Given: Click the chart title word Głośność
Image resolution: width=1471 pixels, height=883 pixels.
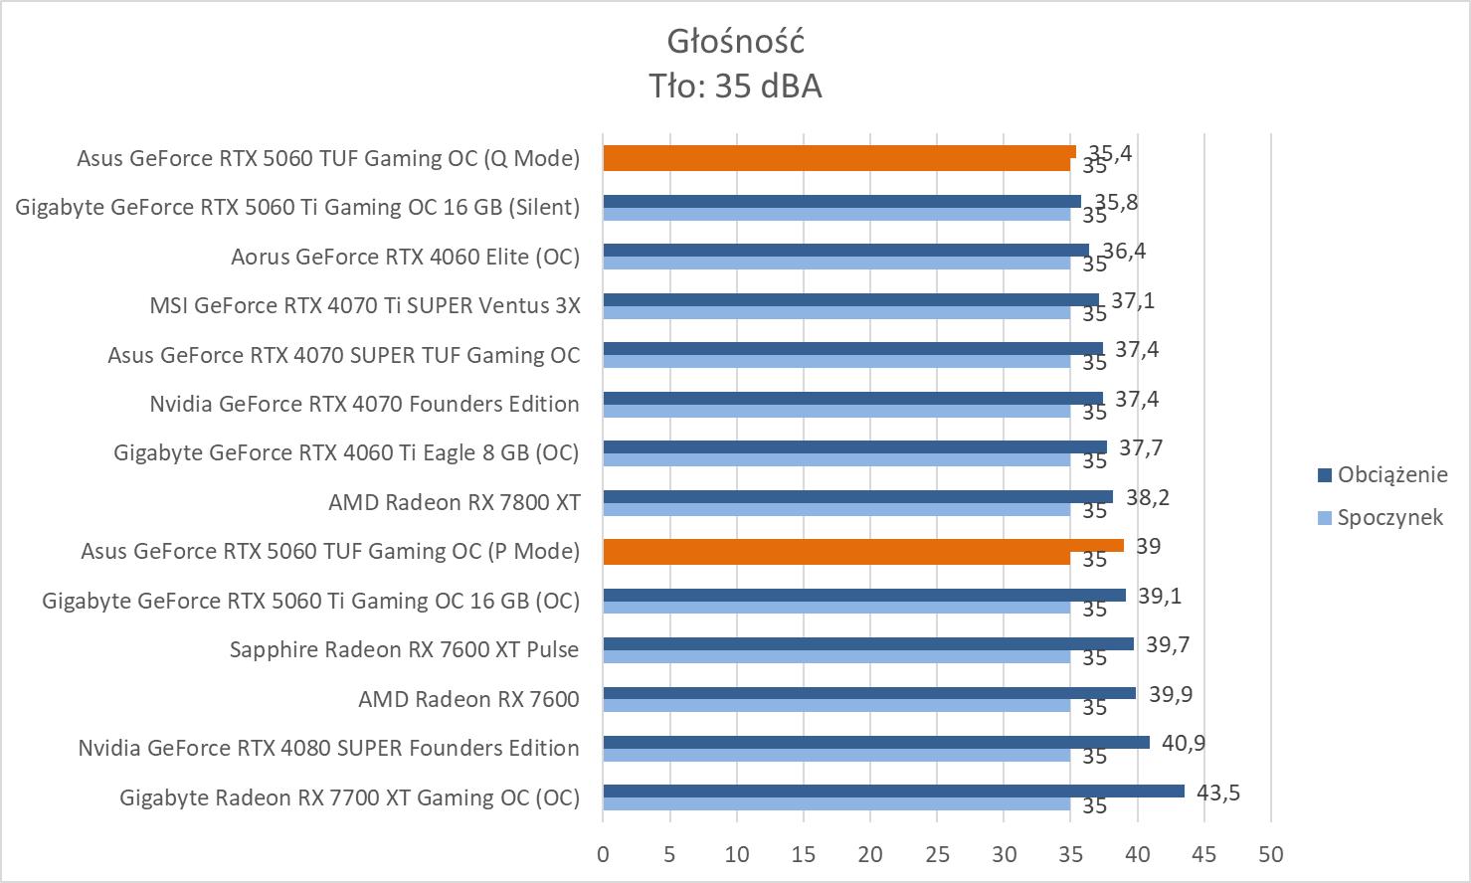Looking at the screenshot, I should pos(735,42).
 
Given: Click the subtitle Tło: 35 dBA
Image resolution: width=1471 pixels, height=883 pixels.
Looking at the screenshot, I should pos(735,87).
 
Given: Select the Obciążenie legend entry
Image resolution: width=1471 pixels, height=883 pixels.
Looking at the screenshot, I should pos(1391,474).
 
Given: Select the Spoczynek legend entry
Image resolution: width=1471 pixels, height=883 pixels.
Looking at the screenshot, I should pos(1389,517).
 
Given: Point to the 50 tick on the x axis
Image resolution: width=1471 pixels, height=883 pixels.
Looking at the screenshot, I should pos(1270,854).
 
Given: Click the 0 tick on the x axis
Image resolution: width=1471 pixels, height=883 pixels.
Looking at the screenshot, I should pos(603,854).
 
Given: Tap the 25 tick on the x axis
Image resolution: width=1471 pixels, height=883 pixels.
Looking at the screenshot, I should pos(937,854).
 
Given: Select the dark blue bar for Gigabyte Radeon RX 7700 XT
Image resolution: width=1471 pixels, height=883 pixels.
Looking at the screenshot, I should pos(893,792).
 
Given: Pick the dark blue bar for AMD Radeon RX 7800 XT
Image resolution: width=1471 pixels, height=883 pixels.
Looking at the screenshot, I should pos(857,496).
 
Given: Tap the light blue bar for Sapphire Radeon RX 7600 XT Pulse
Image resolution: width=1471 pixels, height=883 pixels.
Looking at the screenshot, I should pos(835,657).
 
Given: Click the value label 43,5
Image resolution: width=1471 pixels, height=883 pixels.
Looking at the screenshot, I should pos(1217,793).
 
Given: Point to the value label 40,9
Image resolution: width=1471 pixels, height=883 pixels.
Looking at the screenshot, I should pos(1183,743).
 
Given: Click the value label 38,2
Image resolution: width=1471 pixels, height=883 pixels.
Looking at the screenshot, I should pos(1147,497).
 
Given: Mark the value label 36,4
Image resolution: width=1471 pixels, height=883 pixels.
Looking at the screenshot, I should pos(1124,251).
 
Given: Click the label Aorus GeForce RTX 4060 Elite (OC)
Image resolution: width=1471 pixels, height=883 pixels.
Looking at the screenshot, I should pos(405,257).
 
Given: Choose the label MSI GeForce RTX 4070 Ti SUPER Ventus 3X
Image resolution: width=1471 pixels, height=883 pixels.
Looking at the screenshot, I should pos(364,305).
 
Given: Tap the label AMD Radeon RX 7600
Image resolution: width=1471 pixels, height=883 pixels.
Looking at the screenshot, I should pos(468,699).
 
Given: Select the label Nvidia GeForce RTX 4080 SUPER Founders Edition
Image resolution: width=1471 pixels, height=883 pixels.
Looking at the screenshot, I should pos(328,748).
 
